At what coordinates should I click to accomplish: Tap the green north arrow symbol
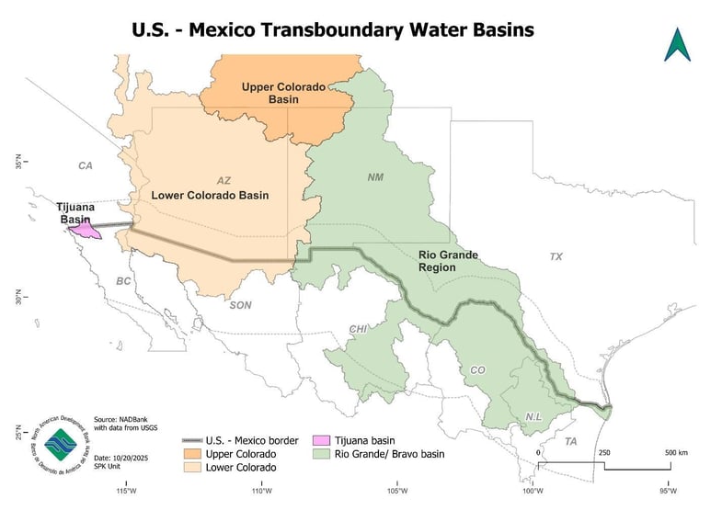tap(678, 44)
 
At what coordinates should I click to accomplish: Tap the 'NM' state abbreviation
tap(375, 176)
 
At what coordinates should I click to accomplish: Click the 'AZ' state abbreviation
tap(224, 180)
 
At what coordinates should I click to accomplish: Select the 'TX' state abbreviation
tap(556, 256)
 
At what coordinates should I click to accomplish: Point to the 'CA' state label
tap(86, 166)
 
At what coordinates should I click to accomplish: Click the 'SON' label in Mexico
tap(239, 305)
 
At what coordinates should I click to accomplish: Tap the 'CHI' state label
tap(358, 328)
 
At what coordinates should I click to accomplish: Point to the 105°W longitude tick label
tap(397, 489)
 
